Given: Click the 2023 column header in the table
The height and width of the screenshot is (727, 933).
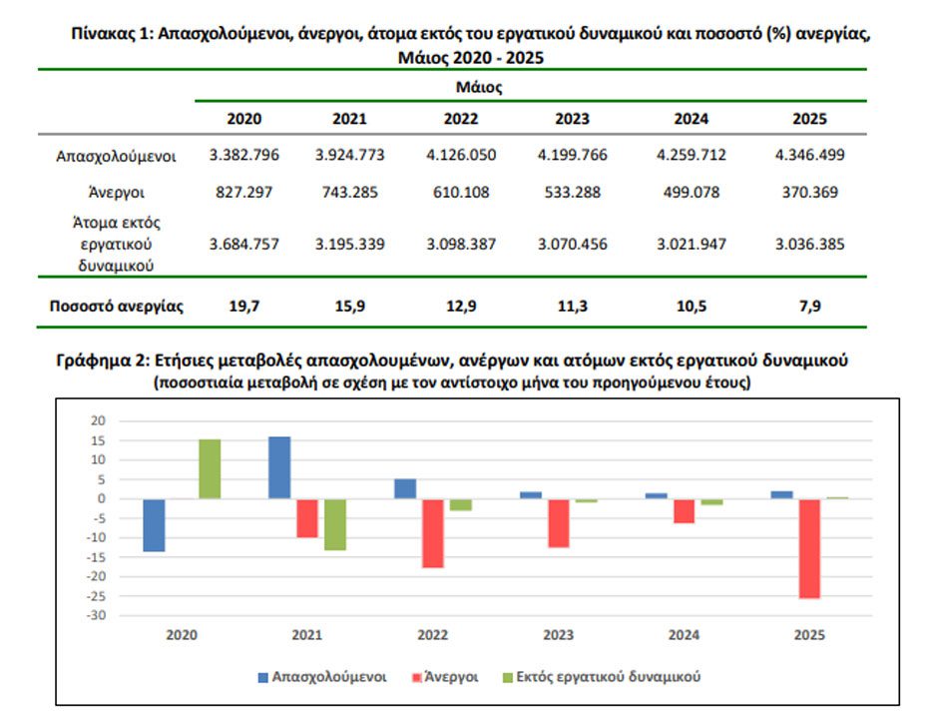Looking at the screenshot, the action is coord(572,119).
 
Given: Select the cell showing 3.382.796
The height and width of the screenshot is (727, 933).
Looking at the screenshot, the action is coord(243,155).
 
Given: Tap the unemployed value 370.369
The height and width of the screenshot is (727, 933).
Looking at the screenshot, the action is coord(809,192).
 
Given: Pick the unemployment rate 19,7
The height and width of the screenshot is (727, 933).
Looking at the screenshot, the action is coord(243,306).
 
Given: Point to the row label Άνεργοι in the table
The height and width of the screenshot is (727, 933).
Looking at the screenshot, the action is coord(116,193).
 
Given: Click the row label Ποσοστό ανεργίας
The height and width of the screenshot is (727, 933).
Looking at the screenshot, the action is coord(116,306).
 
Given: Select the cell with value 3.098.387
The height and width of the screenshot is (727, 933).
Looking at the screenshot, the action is coord(461,244).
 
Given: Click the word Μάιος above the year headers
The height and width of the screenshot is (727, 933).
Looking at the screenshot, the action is coord(479,88).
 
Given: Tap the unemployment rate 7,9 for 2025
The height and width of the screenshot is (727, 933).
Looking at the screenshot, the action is coord(809,306).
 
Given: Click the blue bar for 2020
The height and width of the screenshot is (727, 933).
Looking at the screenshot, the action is coord(154,525).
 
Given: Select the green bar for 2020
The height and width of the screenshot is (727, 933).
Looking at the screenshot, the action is coord(210,469).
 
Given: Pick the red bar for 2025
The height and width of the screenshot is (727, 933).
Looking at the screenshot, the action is coord(809,548).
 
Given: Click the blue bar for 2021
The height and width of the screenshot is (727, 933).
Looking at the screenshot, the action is coord(279,467).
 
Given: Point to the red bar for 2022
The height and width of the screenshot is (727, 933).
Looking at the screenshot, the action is coord(433,533).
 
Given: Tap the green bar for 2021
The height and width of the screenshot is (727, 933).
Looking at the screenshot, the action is coord(335,524).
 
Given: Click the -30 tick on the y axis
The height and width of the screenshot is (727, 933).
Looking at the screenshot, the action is coord(97,615).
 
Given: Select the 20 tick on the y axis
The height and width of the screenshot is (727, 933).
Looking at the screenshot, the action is coord(98,421).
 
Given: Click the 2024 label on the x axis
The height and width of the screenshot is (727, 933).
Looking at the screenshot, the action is coord(684,635).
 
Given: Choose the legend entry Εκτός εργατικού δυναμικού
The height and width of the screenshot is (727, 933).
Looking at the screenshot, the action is coord(602,677).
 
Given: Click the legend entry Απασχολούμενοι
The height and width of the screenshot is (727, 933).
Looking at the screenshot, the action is coord(322,677).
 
